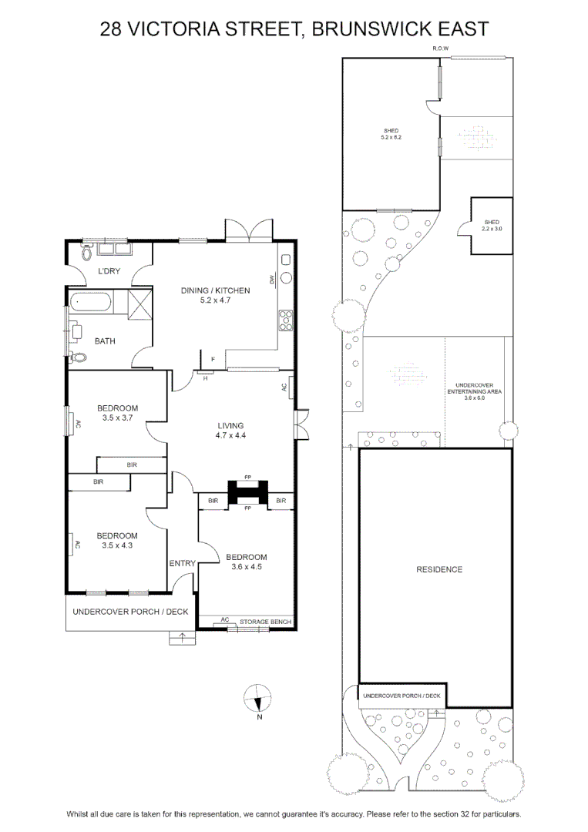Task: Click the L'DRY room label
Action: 109,271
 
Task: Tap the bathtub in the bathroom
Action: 90,303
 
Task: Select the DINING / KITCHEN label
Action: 216,290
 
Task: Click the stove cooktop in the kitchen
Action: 286,320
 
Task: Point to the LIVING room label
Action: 231,425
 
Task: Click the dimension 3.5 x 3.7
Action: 118,418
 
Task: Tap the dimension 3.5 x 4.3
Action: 117,545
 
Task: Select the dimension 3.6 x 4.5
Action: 247,567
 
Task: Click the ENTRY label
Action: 182,563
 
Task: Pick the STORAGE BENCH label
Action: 265,622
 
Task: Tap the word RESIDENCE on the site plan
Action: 439,569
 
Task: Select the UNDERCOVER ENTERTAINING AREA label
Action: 475,388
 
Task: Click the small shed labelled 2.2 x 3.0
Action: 492,226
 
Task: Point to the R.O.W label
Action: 441,49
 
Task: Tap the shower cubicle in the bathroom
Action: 140,304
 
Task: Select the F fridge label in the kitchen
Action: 213,360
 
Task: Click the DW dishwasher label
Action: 272,278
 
